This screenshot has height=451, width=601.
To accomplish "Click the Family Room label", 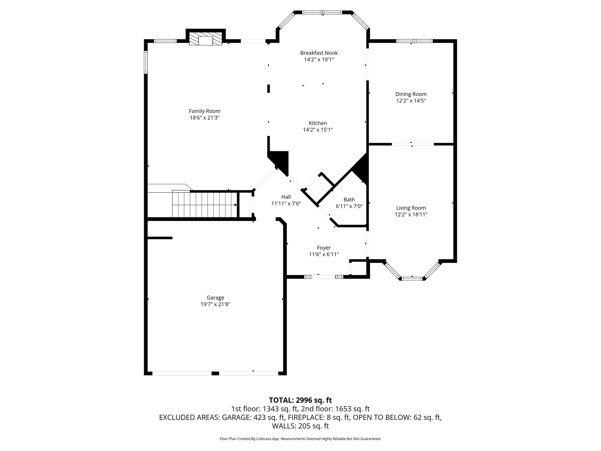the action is [x=205, y=111].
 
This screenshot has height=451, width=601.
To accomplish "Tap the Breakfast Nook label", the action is [x=319, y=53].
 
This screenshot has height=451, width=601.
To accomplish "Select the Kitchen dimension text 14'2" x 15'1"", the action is [x=318, y=129].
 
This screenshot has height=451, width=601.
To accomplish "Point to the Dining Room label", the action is [x=411, y=94].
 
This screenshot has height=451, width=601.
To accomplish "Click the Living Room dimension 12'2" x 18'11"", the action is [x=411, y=215].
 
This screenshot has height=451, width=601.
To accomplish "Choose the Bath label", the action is [x=349, y=200].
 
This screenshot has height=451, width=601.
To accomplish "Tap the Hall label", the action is [x=286, y=197].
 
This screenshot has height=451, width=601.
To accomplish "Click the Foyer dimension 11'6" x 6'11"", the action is [x=324, y=254].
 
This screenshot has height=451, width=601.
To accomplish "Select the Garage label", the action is [x=215, y=298].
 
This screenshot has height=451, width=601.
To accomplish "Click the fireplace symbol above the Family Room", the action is [x=205, y=39].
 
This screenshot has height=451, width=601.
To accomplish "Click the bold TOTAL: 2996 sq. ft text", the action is [x=300, y=400].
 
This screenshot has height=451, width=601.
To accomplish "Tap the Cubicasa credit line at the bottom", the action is [x=300, y=439].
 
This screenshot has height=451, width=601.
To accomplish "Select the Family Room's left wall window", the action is [x=146, y=62].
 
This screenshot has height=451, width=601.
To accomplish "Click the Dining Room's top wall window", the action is [x=414, y=41].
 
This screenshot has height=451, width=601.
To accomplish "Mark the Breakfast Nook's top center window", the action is [x=322, y=12].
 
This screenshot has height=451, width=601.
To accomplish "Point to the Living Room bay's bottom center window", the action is [x=412, y=279].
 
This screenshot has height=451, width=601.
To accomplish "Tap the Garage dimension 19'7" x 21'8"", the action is [x=215, y=304].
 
